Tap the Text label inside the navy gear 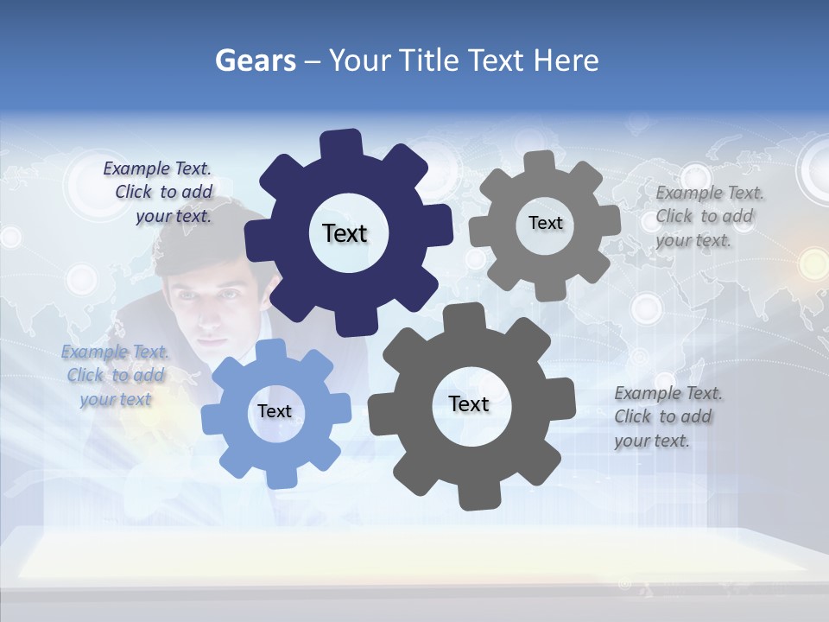click(x=345, y=233)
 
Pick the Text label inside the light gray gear click(x=545, y=223)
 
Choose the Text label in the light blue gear click(x=275, y=411)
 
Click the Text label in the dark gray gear click(x=469, y=403)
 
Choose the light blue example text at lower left click(x=116, y=376)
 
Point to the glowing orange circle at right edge click(x=813, y=262)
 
